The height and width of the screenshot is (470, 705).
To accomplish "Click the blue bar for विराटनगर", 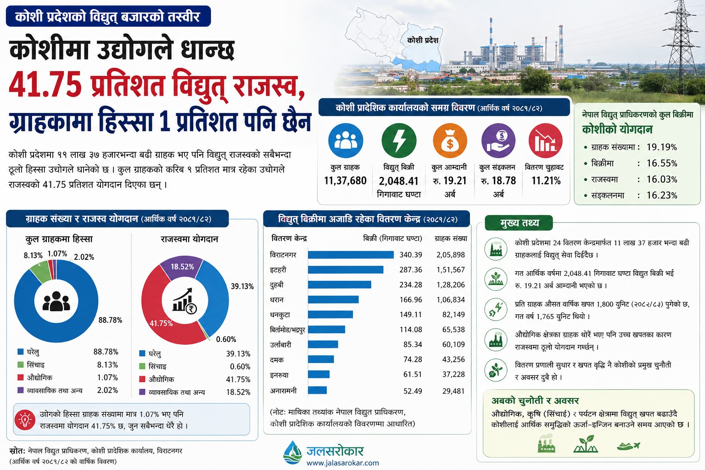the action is pos(351,255).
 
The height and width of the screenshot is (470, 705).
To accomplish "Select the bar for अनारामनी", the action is pos(317,390).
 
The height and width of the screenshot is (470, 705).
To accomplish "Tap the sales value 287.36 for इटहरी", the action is pos(411,270).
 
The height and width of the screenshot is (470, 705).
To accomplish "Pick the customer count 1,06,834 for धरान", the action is pos(450,300).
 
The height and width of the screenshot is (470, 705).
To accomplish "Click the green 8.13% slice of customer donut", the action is pos(41,272).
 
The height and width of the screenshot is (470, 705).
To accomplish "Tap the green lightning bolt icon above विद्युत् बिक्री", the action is pos(399,140).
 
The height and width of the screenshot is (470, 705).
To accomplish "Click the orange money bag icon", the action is pos(450,140).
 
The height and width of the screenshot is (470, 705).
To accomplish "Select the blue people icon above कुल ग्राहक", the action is pos(346,140).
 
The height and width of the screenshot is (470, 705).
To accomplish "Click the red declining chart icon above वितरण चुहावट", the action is pos(545,140).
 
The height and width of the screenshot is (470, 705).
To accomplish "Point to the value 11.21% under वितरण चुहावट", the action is pos(546,181).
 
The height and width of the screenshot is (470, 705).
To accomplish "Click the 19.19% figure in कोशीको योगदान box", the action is pos(661,147).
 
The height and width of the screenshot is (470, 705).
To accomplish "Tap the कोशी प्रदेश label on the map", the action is pos(423,40).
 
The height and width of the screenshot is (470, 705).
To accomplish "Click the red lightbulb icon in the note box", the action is pos(25,420).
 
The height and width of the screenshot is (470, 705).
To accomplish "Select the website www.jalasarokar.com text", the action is pos(343,463).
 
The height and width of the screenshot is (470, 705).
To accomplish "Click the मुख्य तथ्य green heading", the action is pos(520,223).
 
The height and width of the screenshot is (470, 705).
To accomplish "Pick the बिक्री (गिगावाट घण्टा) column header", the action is pos(392,238).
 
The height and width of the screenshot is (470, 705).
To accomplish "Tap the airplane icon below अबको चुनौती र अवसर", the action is pos(628,446).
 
